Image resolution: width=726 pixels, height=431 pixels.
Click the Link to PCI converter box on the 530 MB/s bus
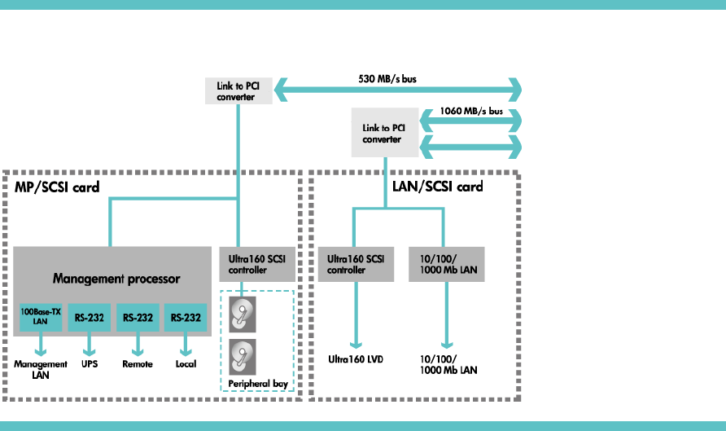[235, 90]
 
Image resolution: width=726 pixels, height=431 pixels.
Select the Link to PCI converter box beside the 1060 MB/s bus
[382, 134]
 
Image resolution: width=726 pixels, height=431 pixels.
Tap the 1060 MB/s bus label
[470, 111]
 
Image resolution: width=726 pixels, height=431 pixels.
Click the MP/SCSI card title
[58, 187]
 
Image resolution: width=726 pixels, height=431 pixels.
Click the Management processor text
[116, 279]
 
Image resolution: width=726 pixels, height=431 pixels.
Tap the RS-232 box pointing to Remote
[137, 317]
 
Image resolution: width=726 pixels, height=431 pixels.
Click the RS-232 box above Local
[185, 317]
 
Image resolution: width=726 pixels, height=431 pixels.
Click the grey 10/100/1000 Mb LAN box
[445, 264]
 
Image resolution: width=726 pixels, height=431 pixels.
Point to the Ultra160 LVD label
[356, 358]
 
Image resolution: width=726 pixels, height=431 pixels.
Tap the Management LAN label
[40, 369]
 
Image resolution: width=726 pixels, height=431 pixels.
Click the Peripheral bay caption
[256, 383]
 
